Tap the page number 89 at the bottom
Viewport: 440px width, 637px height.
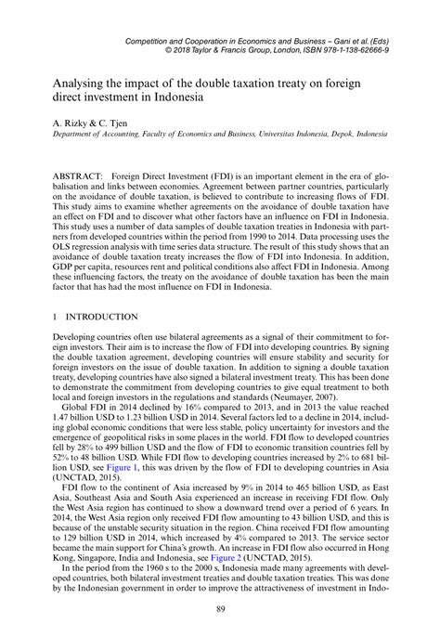(220, 608)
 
